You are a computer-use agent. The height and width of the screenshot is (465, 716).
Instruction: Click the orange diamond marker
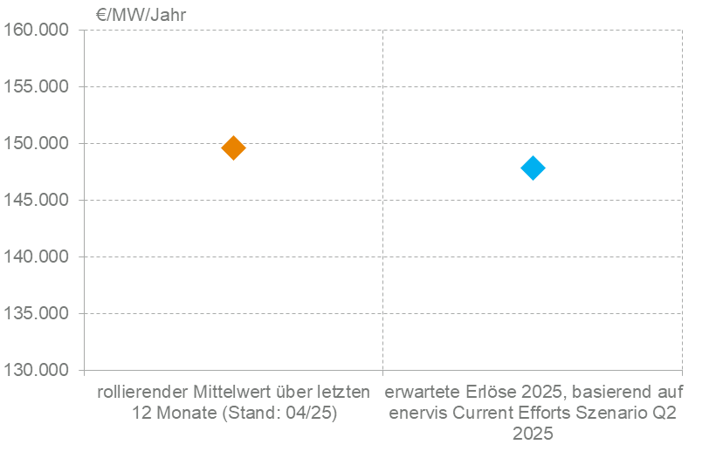pyautogui.click(x=233, y=147)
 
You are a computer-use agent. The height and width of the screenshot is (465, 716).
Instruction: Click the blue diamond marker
pyautogui.click(x=533, y=168)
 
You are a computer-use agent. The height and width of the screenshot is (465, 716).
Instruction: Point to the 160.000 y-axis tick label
pyautogui.click(x=37, y=31)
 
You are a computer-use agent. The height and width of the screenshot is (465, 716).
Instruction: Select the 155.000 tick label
pyautogui.click(x=37, y=87)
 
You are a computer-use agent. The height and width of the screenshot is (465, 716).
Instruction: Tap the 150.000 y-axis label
pyautogui.click(x=37, y=144)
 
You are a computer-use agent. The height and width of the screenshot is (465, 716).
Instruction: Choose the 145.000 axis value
pyautogui.click(x=37, y=201)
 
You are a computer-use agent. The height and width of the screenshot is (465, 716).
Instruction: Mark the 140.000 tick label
pyautogui.click(x=37, y=257)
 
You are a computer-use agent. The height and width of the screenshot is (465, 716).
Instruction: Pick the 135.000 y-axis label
pyautogui.click(x=37, y=314)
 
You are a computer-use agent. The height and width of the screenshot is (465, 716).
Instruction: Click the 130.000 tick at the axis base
pyautogui.click(x=37, y=371)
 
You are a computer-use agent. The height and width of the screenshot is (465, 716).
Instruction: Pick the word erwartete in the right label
pyautogui.click(x=420, y=392)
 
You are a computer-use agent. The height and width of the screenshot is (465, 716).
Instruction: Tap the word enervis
pyautogui.click(x=417, y=413)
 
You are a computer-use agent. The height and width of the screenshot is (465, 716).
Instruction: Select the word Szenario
pyautogui.click(x=622, y=413)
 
